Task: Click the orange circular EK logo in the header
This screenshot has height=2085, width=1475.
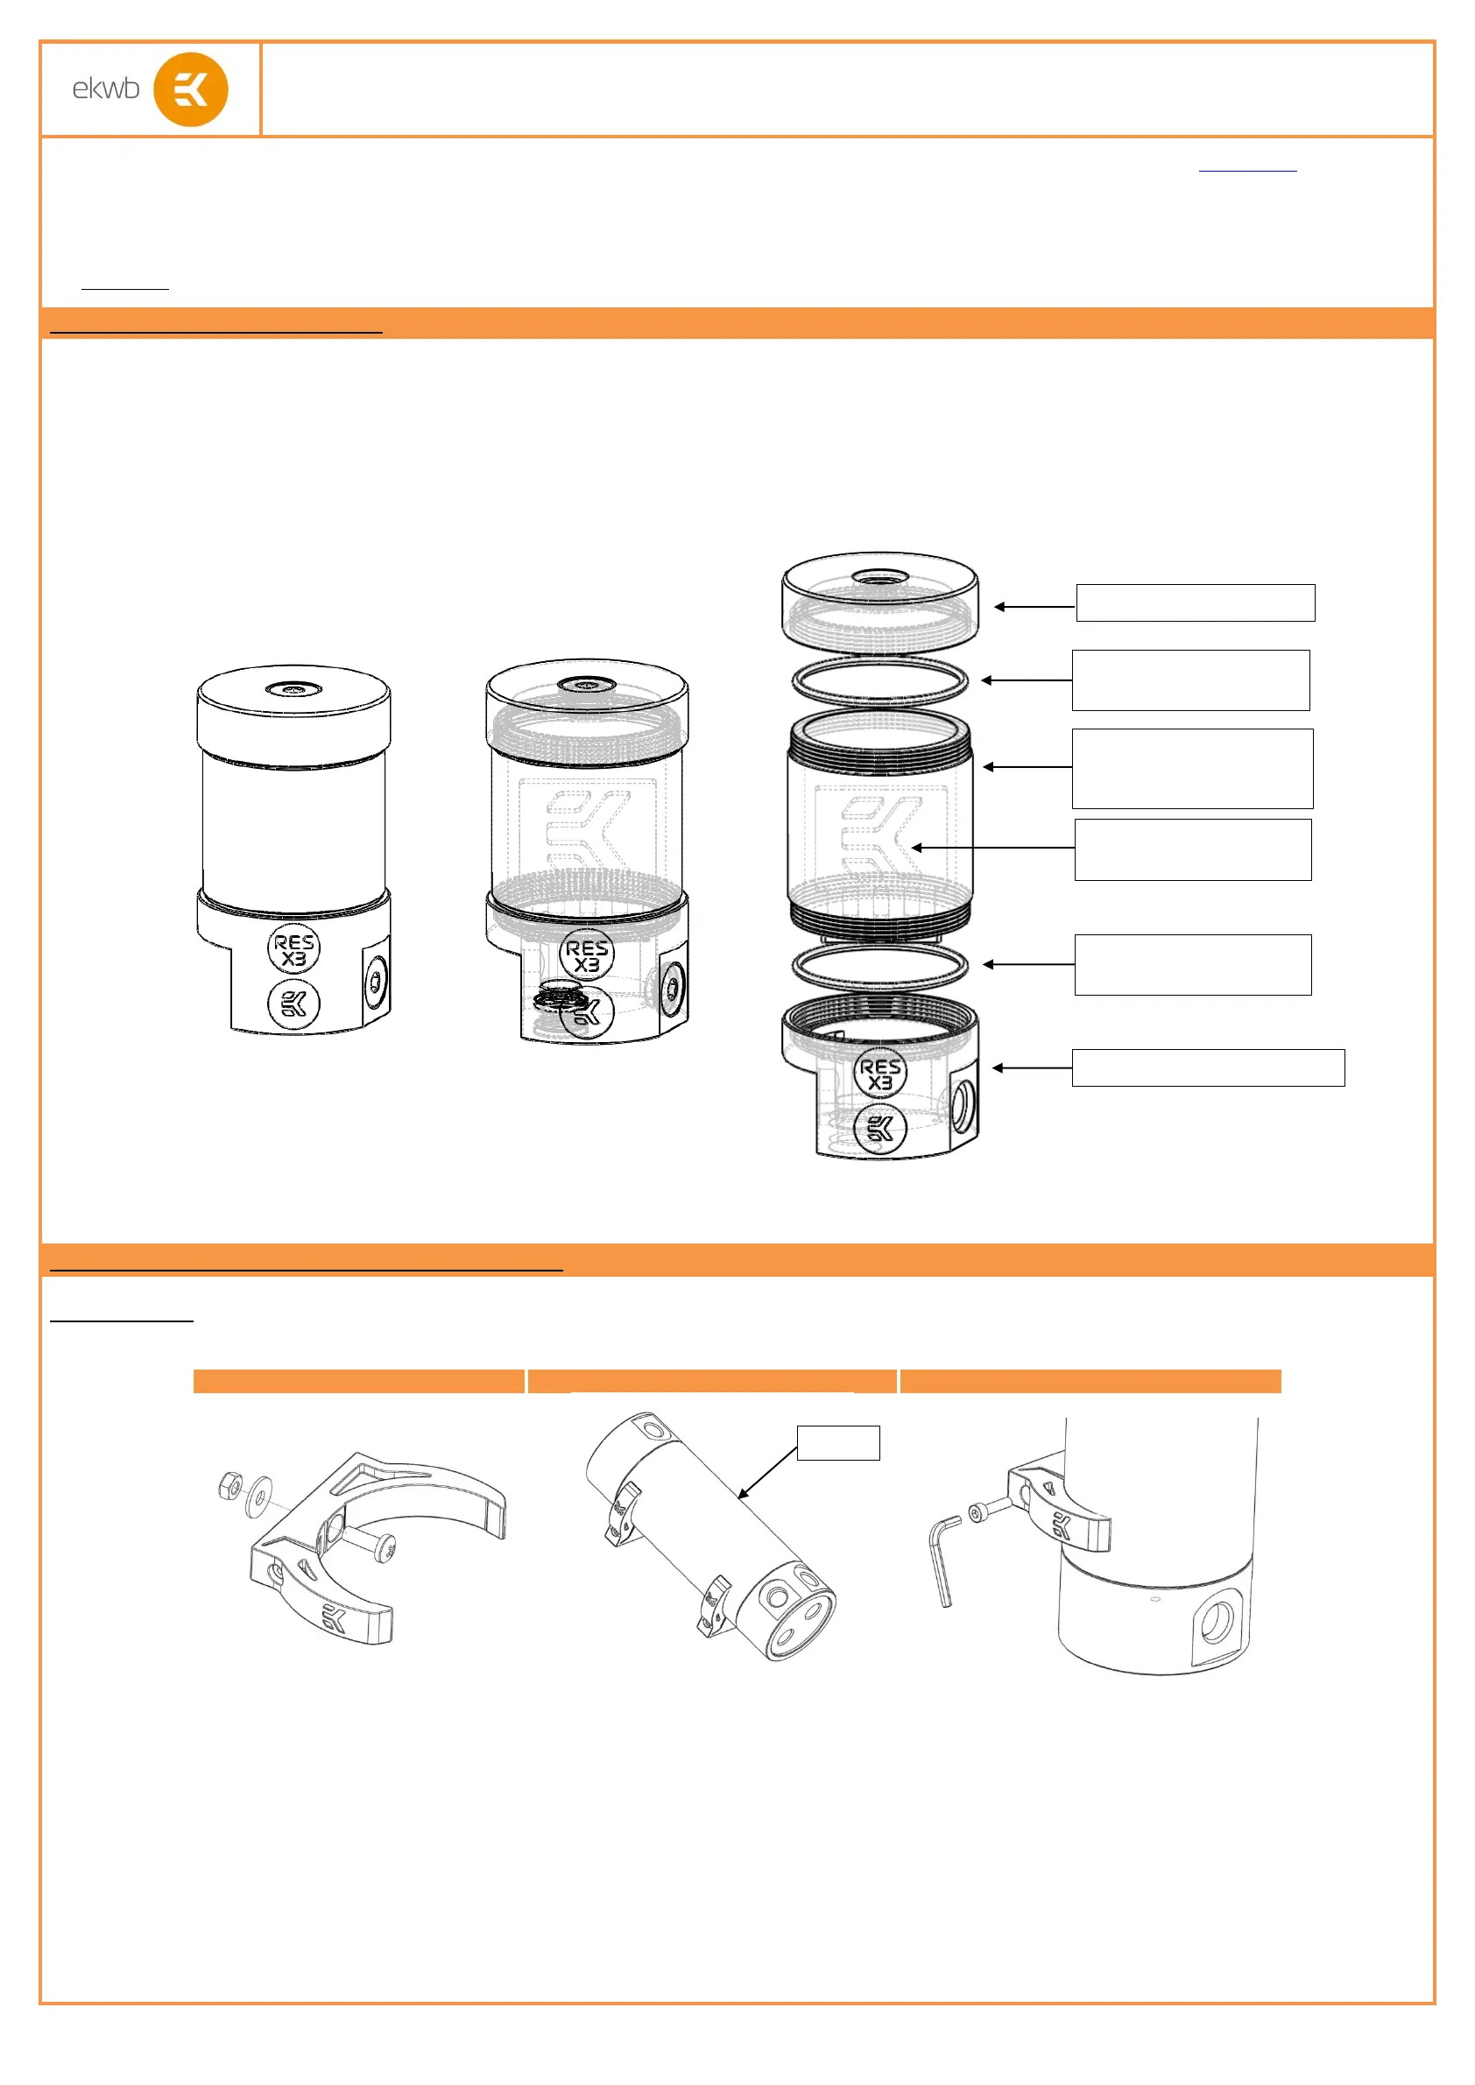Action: tap(191, 89)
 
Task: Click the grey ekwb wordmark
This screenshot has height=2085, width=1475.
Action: tap(106, 88)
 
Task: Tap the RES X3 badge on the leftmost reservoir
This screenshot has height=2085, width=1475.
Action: tap(293, 949)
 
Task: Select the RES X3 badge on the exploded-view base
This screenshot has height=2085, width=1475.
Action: tap(880, 1073)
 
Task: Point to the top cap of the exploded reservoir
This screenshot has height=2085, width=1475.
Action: tap(880, 602)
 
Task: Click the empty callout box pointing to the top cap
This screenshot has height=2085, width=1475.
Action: tap(1196, 603)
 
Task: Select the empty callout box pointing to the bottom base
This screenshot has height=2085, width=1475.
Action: tap(1208, 1068)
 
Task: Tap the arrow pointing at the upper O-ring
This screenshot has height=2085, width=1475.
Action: tap(1027, 680)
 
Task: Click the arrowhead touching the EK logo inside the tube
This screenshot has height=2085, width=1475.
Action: tap(916, 849)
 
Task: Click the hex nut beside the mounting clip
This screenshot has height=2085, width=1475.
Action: tap(229, 1487)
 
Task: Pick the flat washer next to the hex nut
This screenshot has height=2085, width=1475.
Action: tap(259, 1497)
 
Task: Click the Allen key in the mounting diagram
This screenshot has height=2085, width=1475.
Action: tap(943, 1560)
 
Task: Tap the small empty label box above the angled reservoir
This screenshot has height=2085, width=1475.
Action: tap(838, 1443)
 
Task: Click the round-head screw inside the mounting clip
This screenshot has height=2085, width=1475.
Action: tap(377, 1544)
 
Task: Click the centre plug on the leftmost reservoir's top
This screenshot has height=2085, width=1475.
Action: tap(293, 691)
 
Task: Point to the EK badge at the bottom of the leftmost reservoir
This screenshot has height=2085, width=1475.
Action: tap(293, 1004)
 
